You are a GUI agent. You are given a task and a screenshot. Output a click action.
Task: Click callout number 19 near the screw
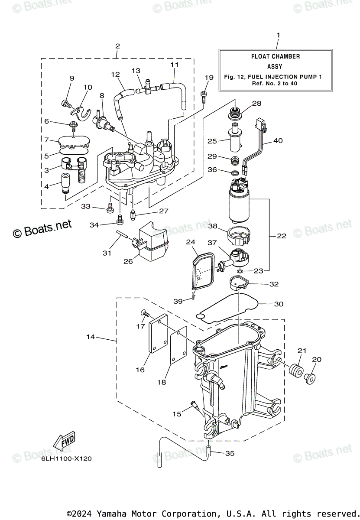coord(209,77)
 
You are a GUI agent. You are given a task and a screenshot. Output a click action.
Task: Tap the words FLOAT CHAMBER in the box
coord(275,56)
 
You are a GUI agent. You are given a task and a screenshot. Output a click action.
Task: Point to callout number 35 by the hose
coord(230,453)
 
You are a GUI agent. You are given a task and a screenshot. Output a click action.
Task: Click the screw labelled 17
coord(145,313)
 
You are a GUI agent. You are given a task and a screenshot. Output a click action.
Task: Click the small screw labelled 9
coord(66,103)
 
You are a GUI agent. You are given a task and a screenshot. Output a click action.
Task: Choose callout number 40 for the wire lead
coord(278,140)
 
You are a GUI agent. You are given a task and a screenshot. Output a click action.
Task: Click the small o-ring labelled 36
coord(235,173)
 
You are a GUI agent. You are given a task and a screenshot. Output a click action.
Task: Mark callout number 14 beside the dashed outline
coord(91,337)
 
